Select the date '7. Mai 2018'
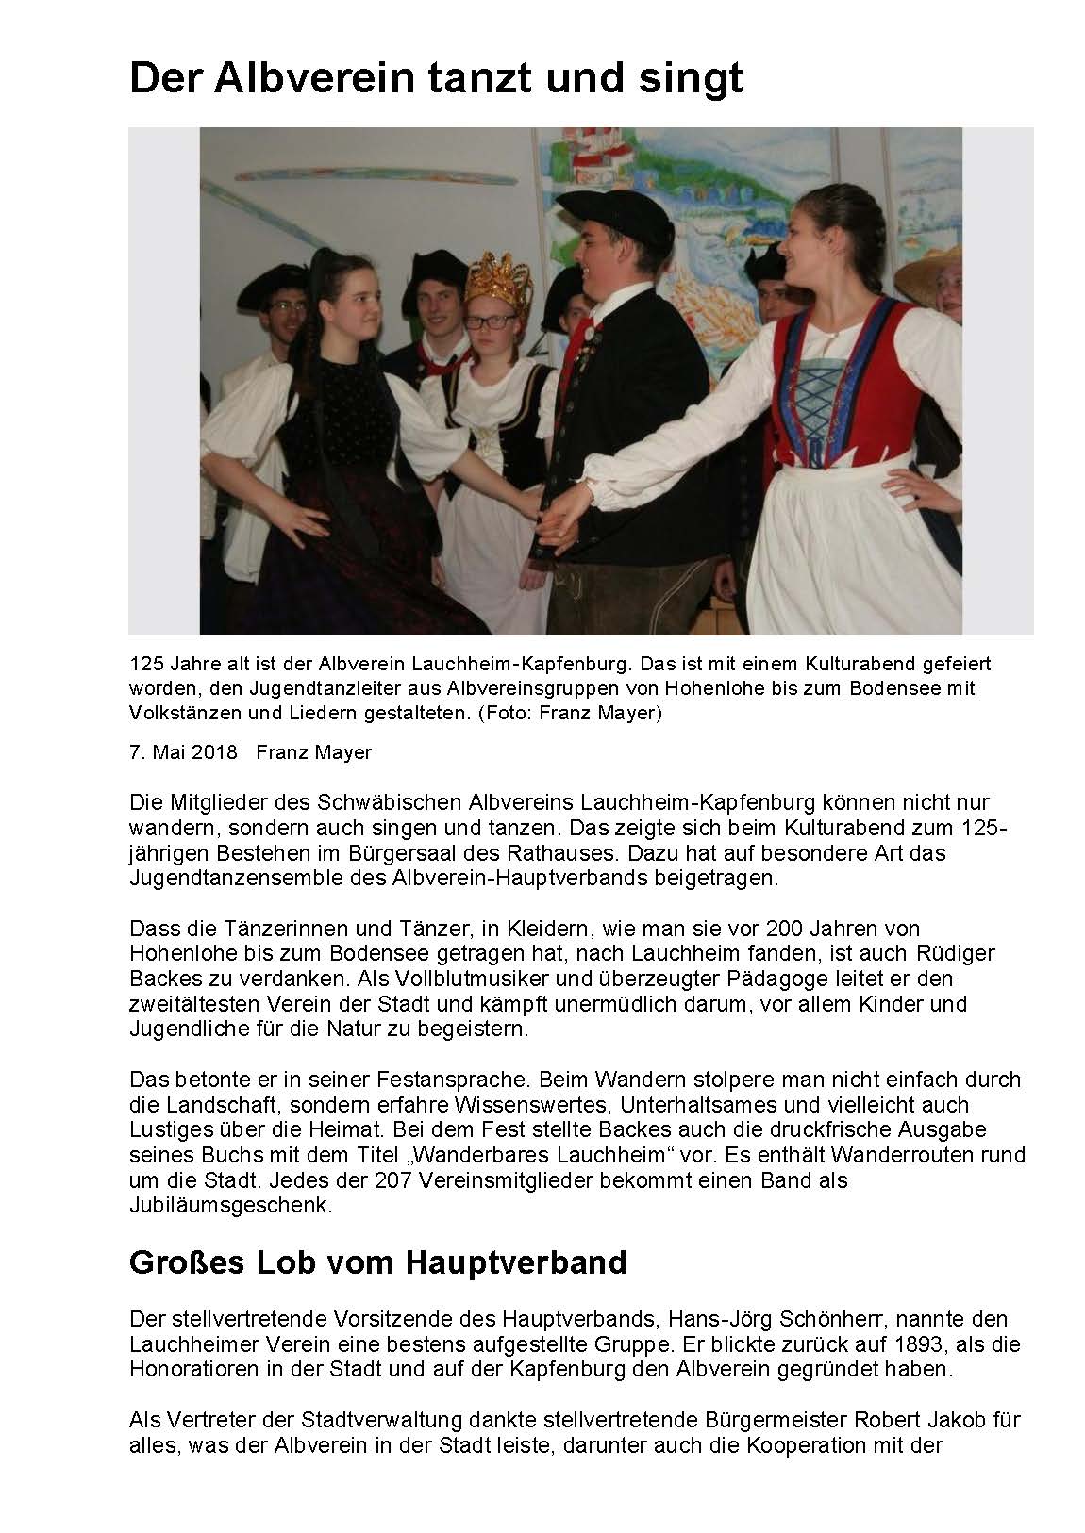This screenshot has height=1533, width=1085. (x=183, y=752)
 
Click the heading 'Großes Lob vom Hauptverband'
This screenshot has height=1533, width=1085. (x=377, y=1262)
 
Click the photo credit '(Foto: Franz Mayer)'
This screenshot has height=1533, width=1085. (x=570, y=713)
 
